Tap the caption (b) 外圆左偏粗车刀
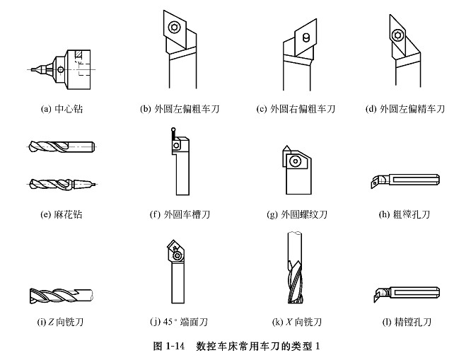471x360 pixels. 180,109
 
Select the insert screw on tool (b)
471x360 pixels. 174,28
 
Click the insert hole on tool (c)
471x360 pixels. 306,37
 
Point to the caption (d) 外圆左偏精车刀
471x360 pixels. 405,109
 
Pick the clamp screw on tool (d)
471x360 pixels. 397,35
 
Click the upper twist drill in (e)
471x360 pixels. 62,146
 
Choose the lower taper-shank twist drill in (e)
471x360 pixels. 63,184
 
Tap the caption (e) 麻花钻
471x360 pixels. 62,214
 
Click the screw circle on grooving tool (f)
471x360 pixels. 176,146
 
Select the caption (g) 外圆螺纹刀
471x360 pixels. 297,214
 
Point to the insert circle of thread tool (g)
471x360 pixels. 296,161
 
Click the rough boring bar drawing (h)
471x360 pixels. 405,180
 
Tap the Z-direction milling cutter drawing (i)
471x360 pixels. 62,296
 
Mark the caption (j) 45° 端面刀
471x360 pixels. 179,322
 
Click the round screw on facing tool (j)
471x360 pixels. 178,256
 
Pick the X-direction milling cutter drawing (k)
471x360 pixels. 295,267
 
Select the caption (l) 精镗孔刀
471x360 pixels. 407,322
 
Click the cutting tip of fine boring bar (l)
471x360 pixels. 375,300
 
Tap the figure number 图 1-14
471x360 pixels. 169,346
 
